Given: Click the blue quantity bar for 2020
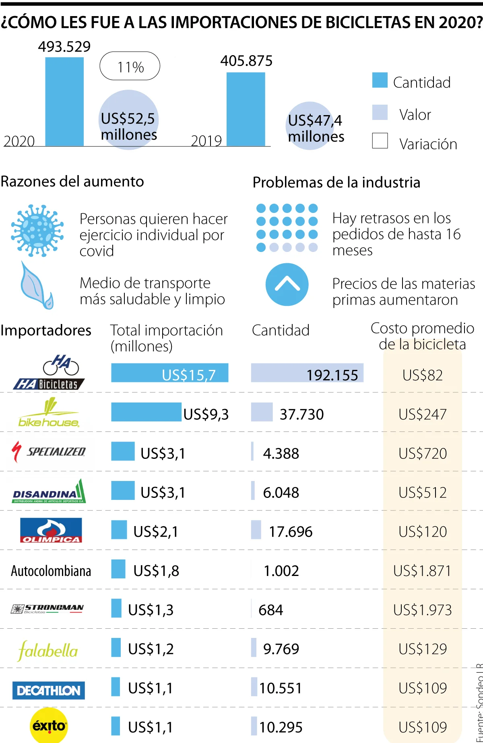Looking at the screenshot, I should click(64, 101).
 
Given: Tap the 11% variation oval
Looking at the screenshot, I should click(130, 66).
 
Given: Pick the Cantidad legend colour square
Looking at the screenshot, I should click(380, 80).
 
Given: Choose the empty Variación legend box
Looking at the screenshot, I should click(380, 141).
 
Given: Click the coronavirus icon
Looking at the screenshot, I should click(37, 231).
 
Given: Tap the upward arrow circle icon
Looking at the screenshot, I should click(287, 285).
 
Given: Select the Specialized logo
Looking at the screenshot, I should click(49, 452).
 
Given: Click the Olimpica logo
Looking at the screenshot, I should click(51, 530).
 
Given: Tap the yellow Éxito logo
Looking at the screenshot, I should click(49, 725).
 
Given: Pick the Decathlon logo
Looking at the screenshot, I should click(49, 690).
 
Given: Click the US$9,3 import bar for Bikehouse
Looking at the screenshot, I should click(146, 412).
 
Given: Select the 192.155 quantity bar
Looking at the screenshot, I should click(307, 373).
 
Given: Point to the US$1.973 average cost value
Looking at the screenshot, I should click(422, 610).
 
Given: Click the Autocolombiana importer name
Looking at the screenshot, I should click(51, 571).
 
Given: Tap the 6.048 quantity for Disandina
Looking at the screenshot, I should click(281, 492).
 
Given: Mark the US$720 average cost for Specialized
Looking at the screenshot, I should click(423, 454).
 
